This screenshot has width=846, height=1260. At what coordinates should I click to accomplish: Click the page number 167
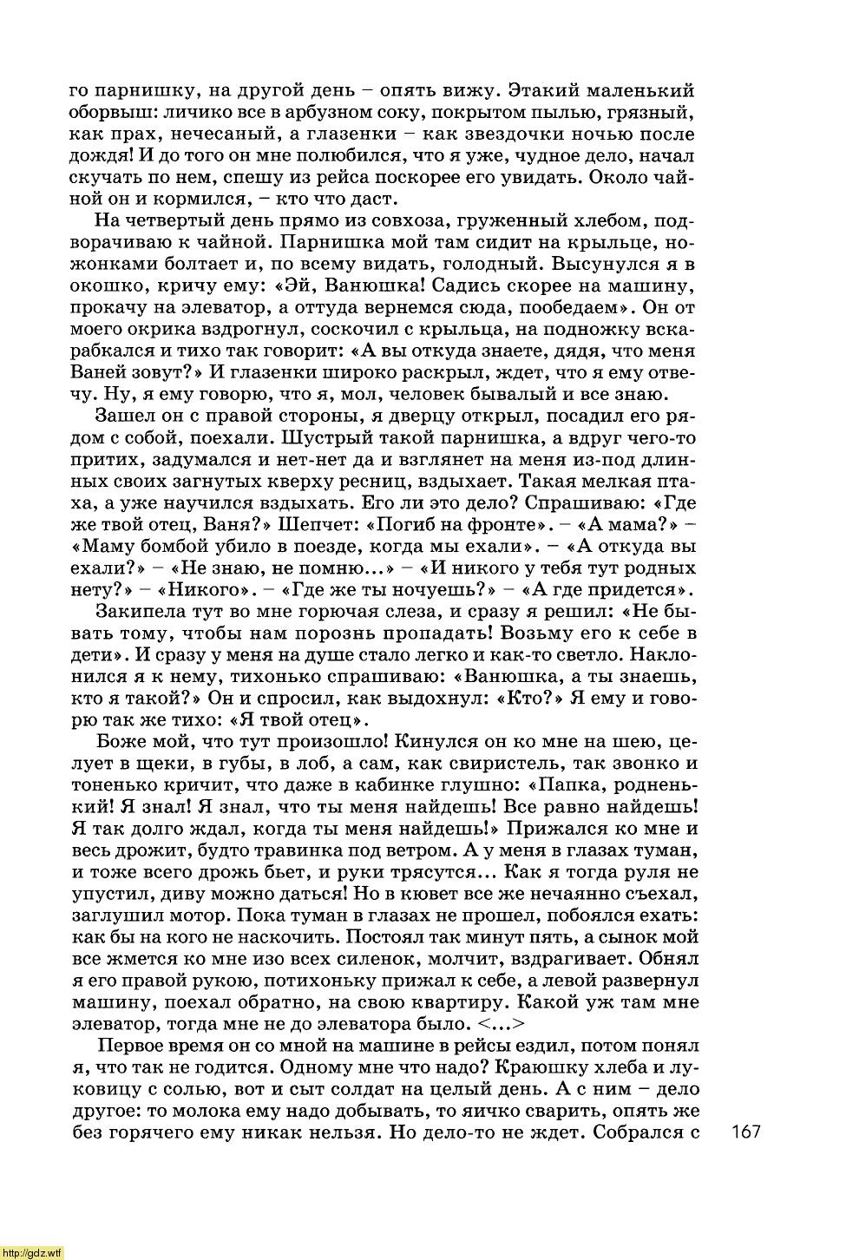tap(745, 1131)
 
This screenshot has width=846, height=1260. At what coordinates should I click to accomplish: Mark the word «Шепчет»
tap(322, 524)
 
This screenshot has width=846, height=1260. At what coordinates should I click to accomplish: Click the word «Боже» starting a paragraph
tap(122, 741)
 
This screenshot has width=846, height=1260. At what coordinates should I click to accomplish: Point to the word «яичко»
tap(439, 1110)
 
